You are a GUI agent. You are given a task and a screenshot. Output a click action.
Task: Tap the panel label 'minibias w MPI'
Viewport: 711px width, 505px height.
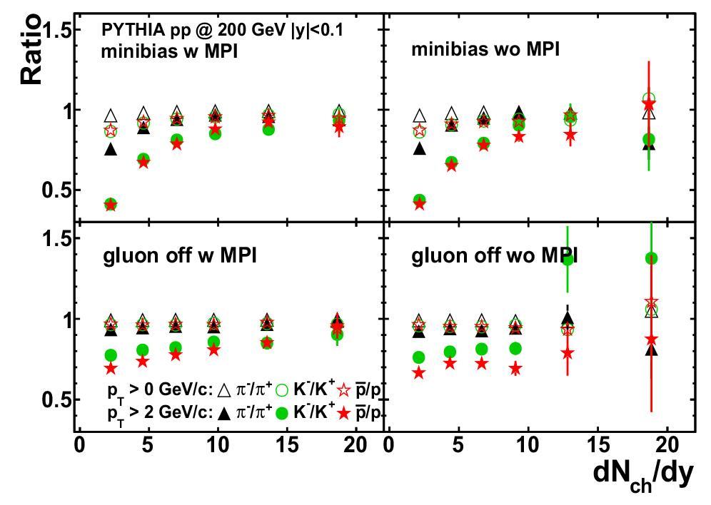pyautogui.click(x=168, y=51)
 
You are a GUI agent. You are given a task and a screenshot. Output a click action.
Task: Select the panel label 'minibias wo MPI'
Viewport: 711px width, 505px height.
pyautogui.click(x=485, y=49)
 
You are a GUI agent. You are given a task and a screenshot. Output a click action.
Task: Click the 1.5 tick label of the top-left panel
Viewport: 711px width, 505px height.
pyautogui.click(x=56, y=31)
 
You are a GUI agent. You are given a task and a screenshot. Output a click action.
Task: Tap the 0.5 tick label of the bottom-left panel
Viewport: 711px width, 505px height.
pyautogui.click(x=56, y=399)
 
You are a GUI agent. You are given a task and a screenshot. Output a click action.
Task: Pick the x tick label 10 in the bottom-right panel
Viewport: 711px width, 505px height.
pyautogui.click(x=528, y=446)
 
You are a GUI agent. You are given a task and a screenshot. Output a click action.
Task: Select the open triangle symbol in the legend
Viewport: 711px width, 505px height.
pyautogui.click(x=223, y=390)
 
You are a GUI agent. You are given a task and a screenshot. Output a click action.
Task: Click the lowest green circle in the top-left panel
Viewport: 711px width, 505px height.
pyautogui.click(x=111, y=204)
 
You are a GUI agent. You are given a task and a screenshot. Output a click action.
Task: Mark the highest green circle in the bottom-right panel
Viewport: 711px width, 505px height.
pyautogui.click(x=651, y=258)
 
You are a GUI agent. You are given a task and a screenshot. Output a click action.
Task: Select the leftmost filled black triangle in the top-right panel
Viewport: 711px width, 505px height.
pyautogui.click(x=420, y=149)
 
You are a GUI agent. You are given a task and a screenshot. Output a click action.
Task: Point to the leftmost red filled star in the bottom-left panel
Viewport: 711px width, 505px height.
pyautogui.click(x=111, y=368)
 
